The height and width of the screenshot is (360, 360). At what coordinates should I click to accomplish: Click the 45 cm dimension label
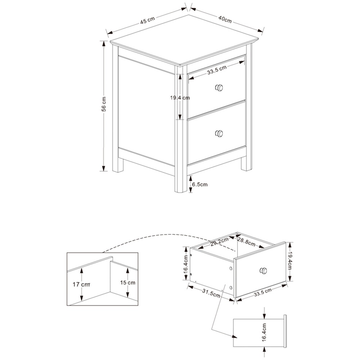[x=148, y=21]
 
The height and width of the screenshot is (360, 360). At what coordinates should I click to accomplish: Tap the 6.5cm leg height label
[x=199, y=184]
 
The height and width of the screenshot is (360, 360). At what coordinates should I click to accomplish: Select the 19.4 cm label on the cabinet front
[x=180, y=98]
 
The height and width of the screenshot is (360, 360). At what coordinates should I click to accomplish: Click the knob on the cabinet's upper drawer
[x=219, y=87]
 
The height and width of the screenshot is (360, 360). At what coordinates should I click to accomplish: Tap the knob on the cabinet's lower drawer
[x=219, y=133]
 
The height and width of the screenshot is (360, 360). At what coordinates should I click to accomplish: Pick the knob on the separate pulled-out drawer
[x=265, y=271]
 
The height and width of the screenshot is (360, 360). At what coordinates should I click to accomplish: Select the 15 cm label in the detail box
[x=128, y=283]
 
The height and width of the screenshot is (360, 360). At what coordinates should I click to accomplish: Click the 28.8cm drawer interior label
[x=247, y=242]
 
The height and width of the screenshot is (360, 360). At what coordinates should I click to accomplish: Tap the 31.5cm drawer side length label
[x=211, y=293]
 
